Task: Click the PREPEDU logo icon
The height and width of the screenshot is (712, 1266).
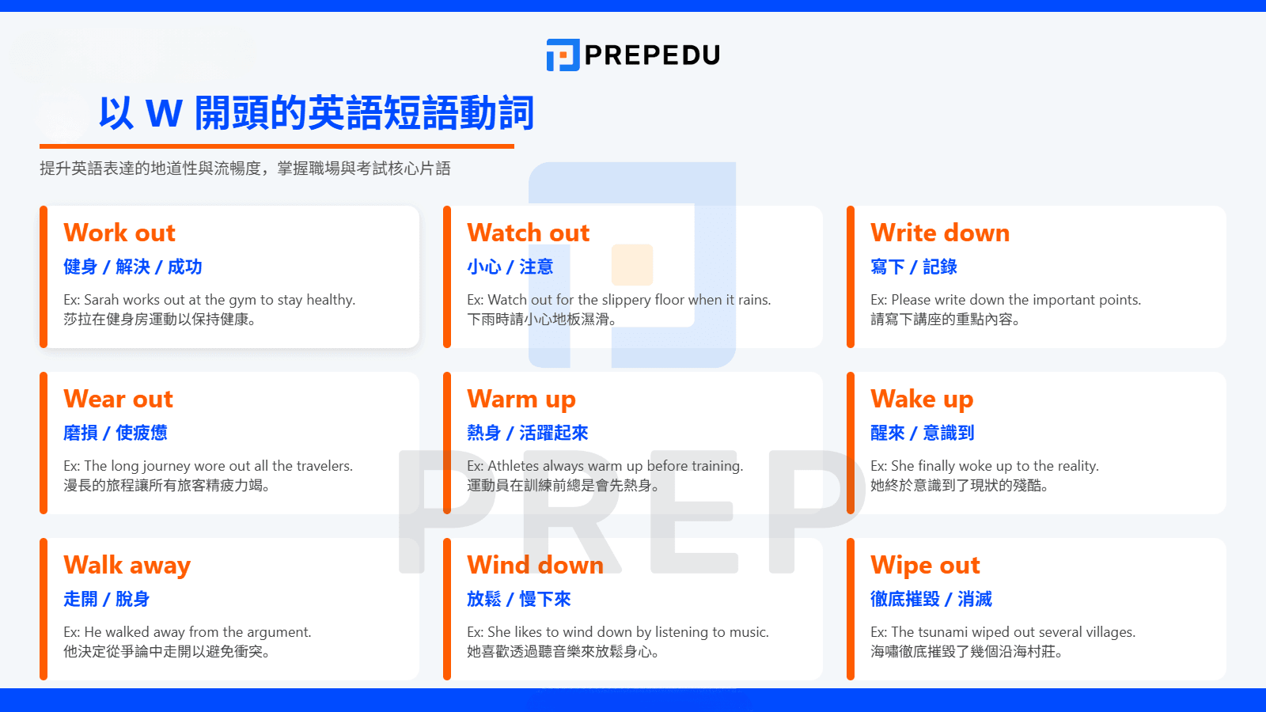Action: point(563,55)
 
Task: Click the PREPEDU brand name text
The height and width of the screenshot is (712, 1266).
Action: point(652,55)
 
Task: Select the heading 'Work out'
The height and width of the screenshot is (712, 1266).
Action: point(119,233)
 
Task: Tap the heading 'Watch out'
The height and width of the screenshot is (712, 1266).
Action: point(528,233)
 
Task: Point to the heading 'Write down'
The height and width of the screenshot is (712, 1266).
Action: point(940,233)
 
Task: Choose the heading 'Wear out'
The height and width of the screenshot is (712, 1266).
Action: point(118,399)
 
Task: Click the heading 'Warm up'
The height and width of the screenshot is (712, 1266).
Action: point(521,399)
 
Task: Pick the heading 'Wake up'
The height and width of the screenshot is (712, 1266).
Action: point(922,399)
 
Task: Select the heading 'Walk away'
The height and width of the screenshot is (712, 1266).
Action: point(127,565)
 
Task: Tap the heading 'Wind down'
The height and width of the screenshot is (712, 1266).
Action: point(535,565)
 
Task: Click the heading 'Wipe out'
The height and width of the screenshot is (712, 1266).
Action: point(925,565)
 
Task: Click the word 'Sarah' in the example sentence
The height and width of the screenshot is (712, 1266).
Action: point(101,300)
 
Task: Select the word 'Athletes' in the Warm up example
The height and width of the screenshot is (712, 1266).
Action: point(514,466)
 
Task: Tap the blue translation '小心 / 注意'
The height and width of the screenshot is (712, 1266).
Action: point(510,267)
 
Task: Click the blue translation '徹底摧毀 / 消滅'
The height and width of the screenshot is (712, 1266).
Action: point(931,599)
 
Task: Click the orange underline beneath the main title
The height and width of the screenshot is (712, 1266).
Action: point(277,146)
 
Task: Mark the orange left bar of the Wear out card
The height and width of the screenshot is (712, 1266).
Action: point(44,443)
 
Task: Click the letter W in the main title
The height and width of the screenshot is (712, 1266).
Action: point(165,113)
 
